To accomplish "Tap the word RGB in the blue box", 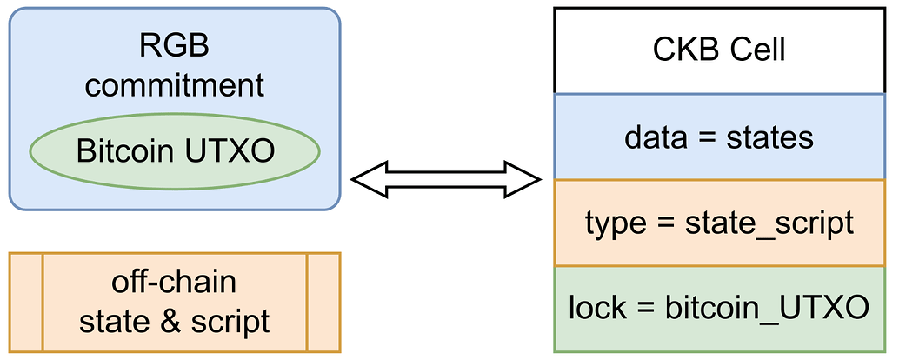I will tap(175, 45).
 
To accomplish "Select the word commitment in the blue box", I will tap(175, 85).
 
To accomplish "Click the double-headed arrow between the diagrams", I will tap(446, 181).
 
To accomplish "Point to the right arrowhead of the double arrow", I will tap(525, 181).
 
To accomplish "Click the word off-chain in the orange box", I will tap(174, 283).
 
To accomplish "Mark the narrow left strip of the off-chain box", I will tap(25, 302).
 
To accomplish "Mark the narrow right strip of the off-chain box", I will tap(323, 302).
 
